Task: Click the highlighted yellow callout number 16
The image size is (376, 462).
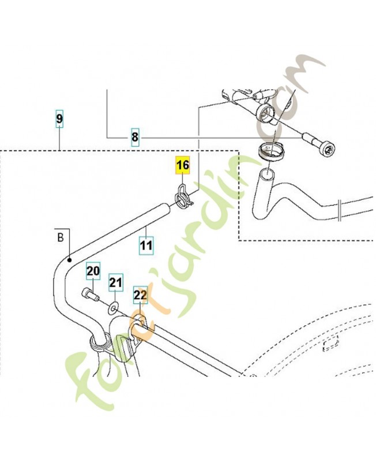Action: pos(182,166)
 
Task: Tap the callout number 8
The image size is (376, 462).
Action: pos(135,137)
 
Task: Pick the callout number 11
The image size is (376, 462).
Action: pos(146,245)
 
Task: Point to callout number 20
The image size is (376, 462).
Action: pos(93,271)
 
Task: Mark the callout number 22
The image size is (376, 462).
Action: pos(140,295)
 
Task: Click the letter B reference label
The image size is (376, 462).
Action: pos(59,236)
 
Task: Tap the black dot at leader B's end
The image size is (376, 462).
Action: pos(69,260)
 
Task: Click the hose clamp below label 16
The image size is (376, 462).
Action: pos(183,197)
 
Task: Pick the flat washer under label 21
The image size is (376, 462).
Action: pos(114,304)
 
